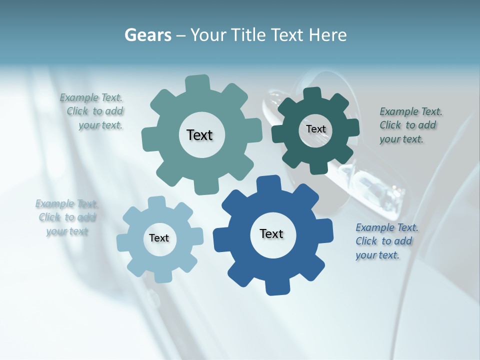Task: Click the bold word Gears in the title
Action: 147,35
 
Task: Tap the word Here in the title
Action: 327,35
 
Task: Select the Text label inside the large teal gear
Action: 199,135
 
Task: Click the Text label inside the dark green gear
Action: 315,129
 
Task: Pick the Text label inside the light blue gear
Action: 159,238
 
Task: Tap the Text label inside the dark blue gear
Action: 271,234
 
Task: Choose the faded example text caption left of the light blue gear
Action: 67,217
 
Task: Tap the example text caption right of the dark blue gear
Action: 386,241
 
